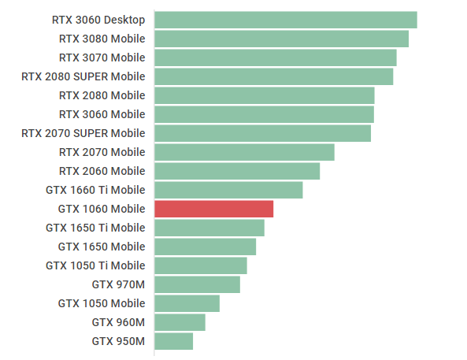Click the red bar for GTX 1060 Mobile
(213, 209)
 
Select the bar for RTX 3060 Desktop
(285, 20)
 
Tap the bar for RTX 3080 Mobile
(281, 39)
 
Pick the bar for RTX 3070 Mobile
(275, 58)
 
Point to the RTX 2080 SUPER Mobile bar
(273, 76)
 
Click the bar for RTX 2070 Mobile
(244, 152)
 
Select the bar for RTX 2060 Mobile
(237, 171)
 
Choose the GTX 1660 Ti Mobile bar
(228, 190)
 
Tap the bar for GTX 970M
(197, 284)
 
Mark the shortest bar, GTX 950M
(173, 341)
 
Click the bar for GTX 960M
(180, 322)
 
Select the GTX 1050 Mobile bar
(187, 303)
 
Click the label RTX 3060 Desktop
(98, 20)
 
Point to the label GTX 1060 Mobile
(102, 209)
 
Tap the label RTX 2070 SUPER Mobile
(83, 133)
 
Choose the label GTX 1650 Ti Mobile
(95, 228)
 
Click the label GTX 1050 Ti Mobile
(95, 265)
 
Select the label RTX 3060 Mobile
(102, 114)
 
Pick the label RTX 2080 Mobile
(102, 95)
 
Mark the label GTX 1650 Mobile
(102, 247)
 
